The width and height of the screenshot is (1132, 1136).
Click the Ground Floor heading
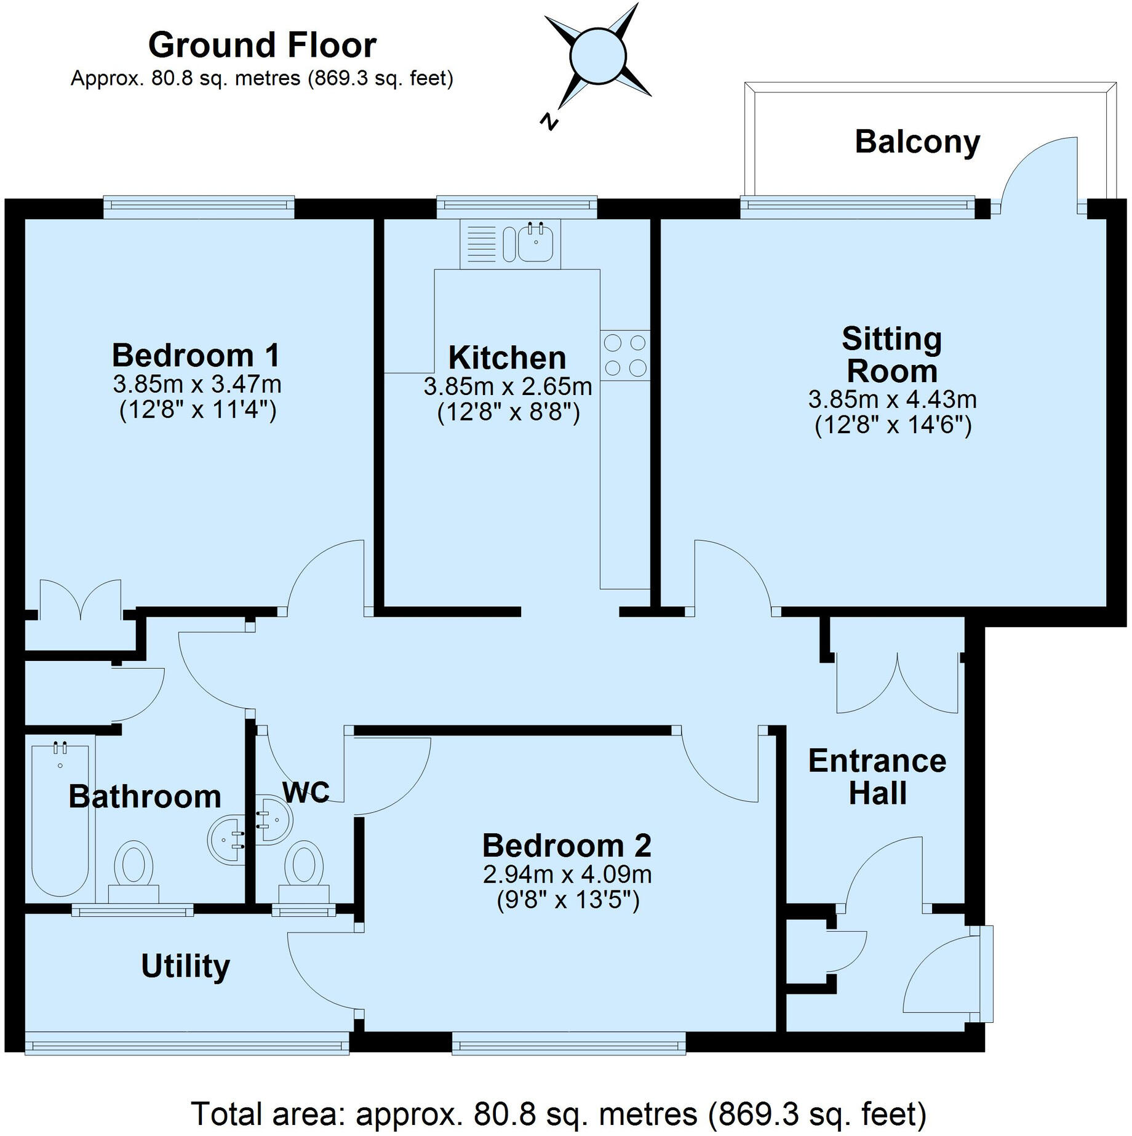[x=262, y=46]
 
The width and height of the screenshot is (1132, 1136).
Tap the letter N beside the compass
[x=548, y=121]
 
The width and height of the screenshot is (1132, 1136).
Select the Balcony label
[x=917, y=142]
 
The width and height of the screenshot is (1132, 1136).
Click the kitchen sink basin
[x=536, y=243]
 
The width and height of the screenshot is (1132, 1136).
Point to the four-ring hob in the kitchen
[x=625, y=355]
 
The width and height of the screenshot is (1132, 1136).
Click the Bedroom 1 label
[x=196, y=355]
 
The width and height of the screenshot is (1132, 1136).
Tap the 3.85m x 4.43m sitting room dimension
[x=892, y=399]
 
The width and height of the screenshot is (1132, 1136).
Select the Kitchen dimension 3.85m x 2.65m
[x=508, y=386]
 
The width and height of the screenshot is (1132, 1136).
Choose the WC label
[x=306, y=792]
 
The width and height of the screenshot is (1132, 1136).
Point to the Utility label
[x=185, y=966]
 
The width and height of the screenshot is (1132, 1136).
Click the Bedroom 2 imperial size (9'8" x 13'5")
[x=568, y=900]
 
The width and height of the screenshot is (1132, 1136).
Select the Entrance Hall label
[x=877, y=777]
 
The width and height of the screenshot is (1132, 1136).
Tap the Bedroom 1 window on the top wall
[x=199, y=207]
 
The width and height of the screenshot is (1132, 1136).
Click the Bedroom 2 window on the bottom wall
[x=568, y=1043]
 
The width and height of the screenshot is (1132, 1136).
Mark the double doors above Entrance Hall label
[x=897, y=683]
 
